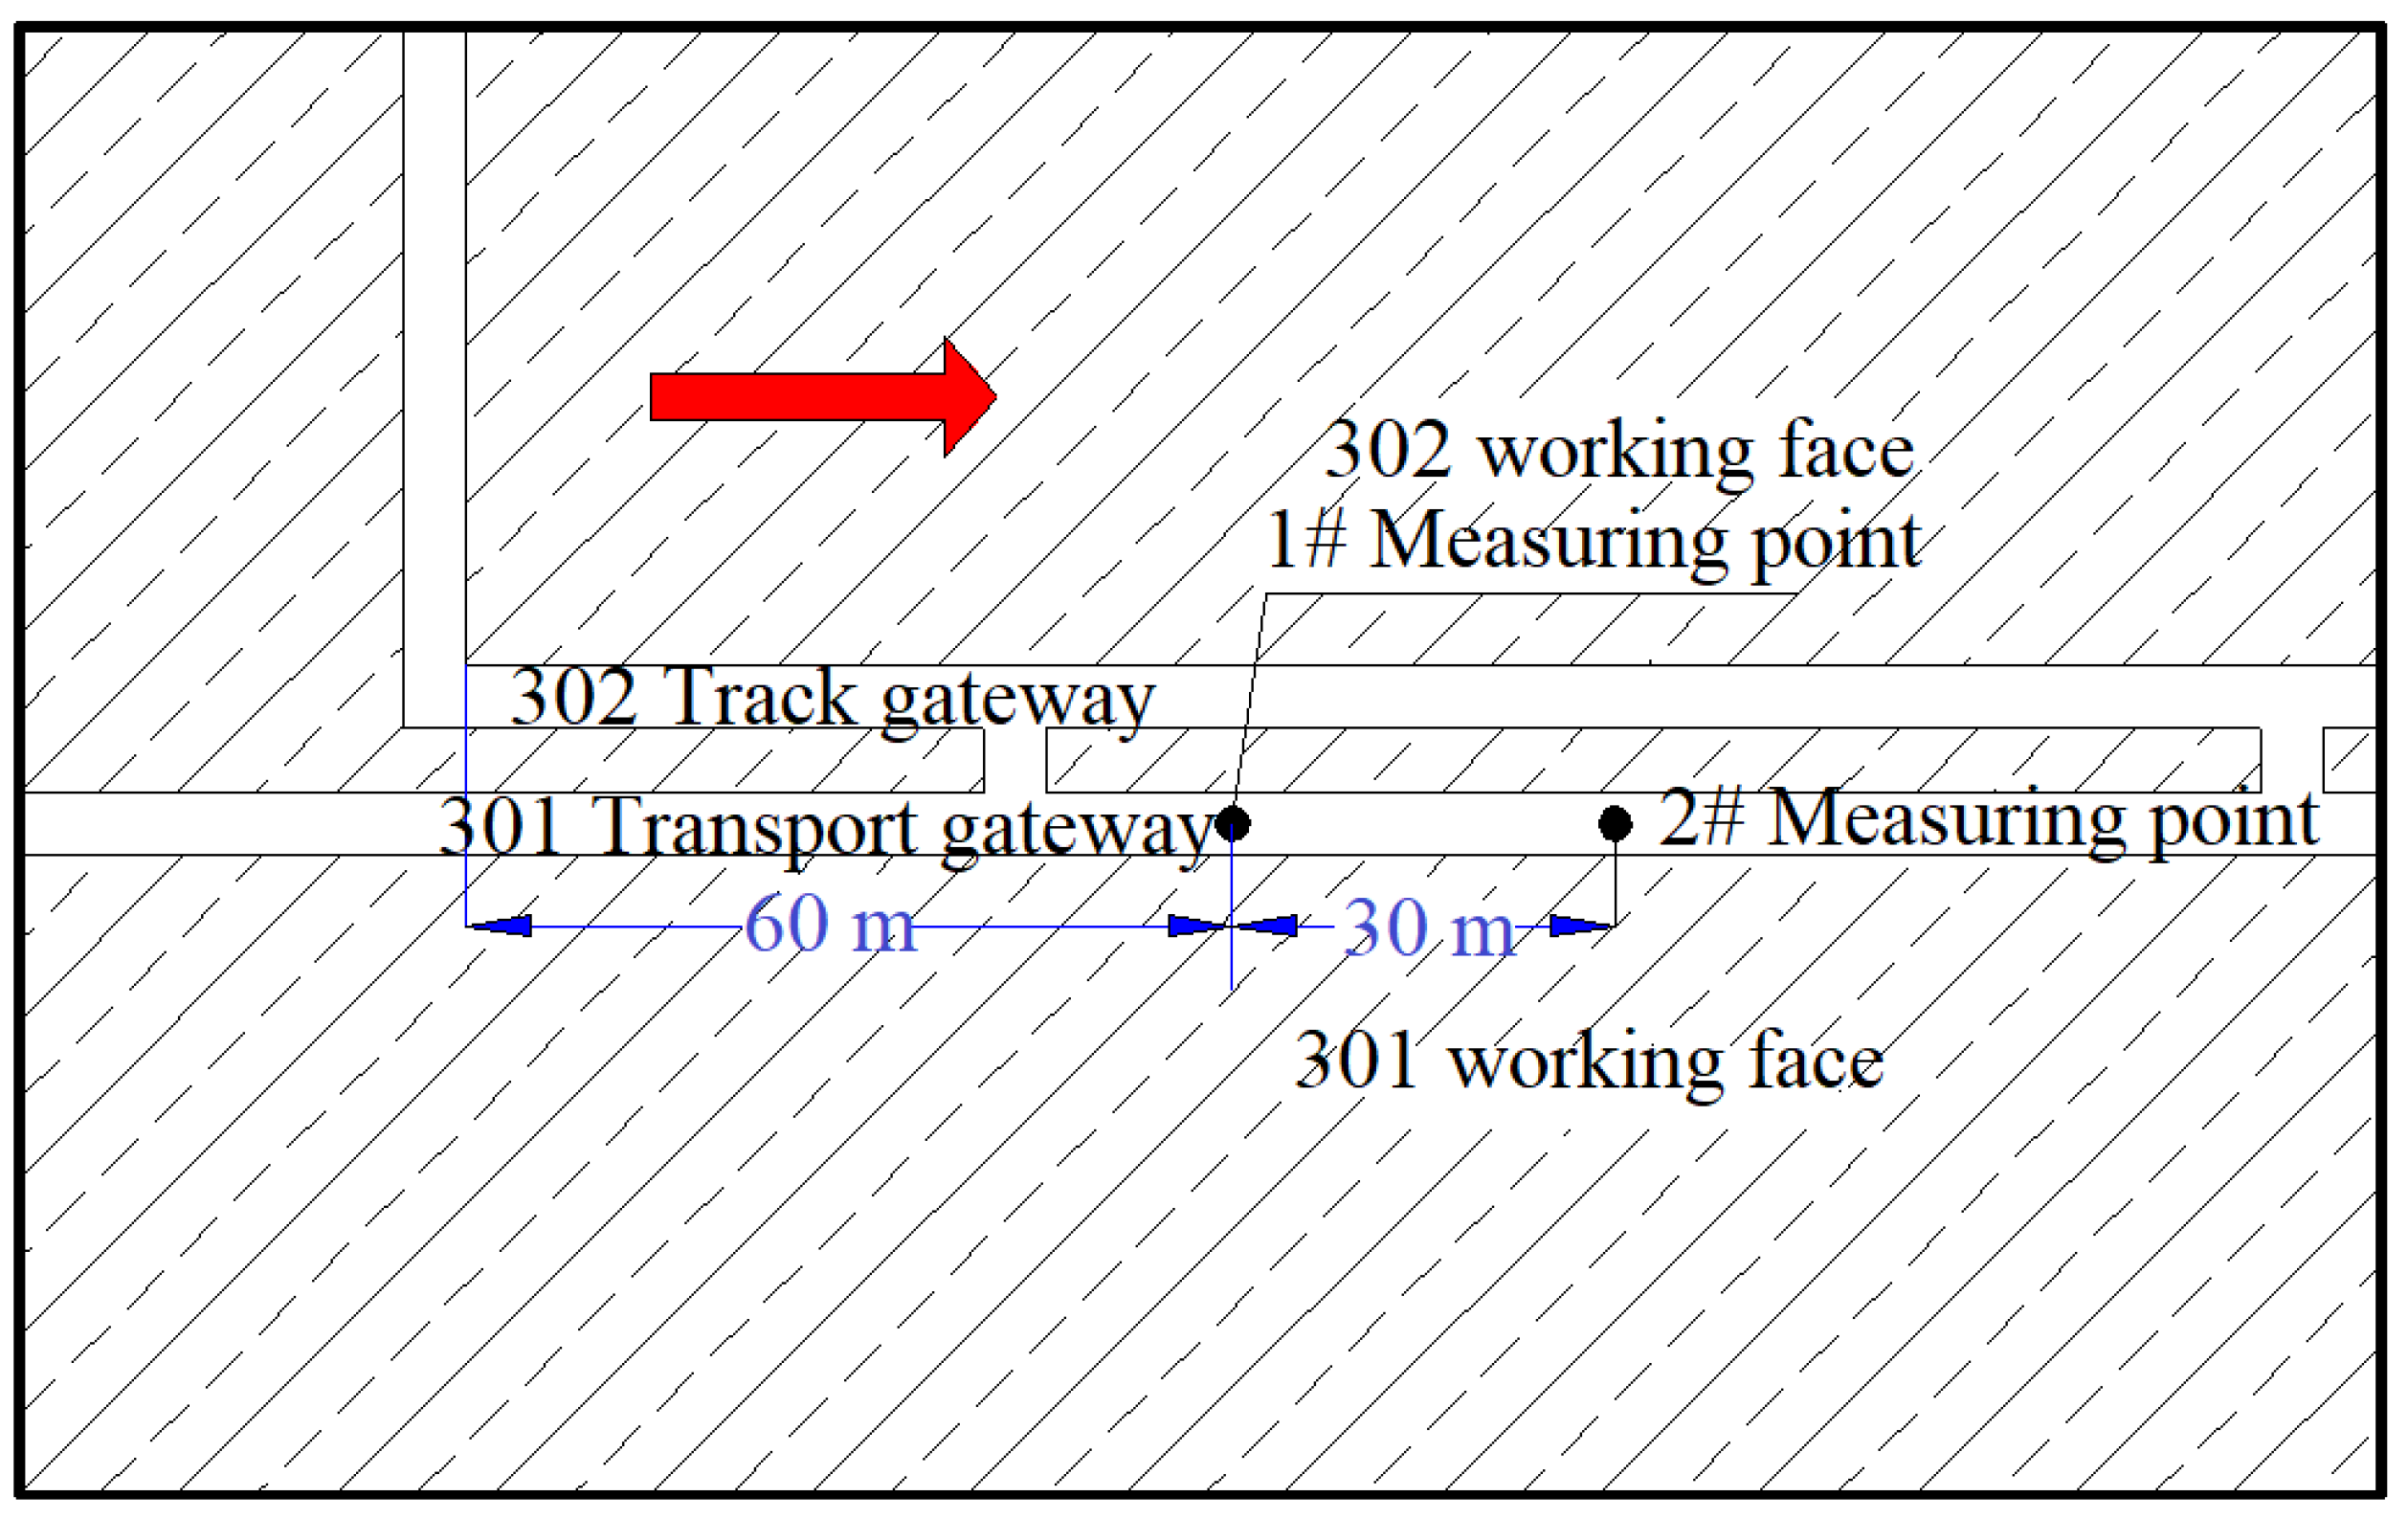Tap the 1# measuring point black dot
[x=1232, y=823]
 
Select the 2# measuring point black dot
[x=1615, y=823]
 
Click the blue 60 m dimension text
[x=830, y=924]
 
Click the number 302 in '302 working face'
[x=1387, y=450]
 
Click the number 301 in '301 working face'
[x=1357, y=1060]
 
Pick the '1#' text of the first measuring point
[x=1305, y=539]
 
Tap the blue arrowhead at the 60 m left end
[x=500, y=926]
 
